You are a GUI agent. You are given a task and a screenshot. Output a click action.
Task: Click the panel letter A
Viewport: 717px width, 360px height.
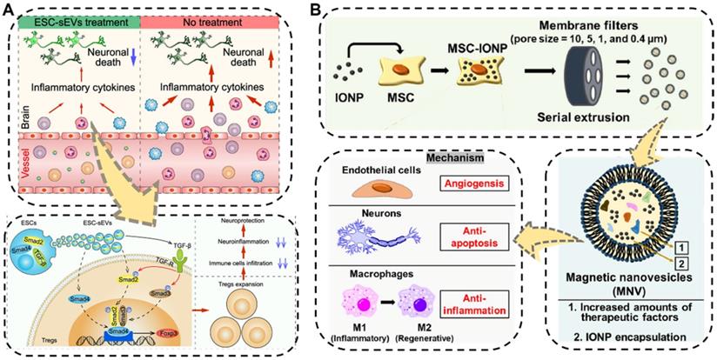pyautogui.click(x=9, y=10)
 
